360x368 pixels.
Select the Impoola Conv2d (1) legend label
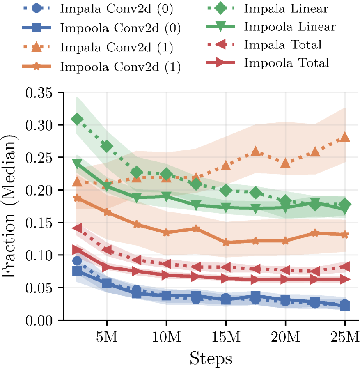[x=120, y=66]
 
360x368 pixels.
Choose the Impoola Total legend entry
[x=287, y=63]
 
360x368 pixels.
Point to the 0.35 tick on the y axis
[x=40, y=92]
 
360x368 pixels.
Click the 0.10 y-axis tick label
[x=40, y=255]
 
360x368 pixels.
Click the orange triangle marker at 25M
[x=345, y=137]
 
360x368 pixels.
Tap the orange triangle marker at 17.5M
[x=256, y=152]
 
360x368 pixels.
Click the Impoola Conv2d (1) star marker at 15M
[x=226, y=242]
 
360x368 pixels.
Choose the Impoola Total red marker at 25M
[x=345, y=280]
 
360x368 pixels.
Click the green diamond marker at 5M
[x=107, y=147]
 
